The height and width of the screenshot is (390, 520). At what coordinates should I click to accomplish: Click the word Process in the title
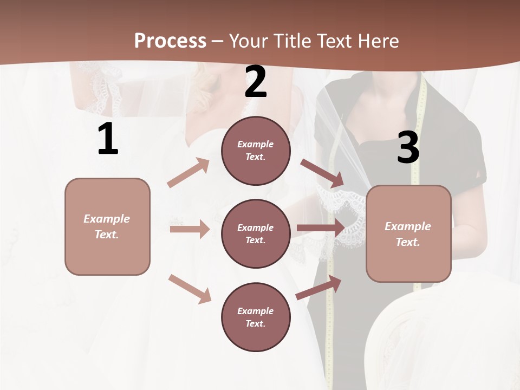pyautogui.click(x=170, y=41)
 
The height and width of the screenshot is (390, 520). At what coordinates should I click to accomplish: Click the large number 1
pyautogui.click(x=108, y=139)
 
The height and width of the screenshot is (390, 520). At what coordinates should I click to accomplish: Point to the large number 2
pyautogui.click(x=256, y=82)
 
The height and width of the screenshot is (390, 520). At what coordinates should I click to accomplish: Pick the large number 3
pyautogui.click(x=408, y=148)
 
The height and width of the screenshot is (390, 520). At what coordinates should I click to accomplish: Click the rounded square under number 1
pyautogui.click(x=107, y=226)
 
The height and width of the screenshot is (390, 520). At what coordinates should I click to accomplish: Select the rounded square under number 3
pyautogui.click(x=408, y=234)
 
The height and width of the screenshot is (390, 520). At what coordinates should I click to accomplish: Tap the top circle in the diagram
pyautogui.click(x=256, y=151)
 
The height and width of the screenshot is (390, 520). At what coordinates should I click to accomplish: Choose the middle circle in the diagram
pyautogui.click(x=256, y=234)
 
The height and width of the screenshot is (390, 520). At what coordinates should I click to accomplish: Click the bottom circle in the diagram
pyautogui.click(x=256, y=317)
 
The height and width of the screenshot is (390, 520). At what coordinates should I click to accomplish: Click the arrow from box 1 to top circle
pyautogui.click(x=188, y=173)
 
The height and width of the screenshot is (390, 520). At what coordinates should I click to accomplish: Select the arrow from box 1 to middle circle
pyautogui.click(x=190, y=229)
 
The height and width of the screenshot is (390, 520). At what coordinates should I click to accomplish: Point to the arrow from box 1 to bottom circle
pyautogui.click(x=190, y=289)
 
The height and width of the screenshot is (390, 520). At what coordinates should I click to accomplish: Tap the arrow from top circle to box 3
pyautogui.click(x=322, y=173)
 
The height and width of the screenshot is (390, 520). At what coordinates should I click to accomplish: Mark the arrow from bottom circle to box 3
pyautogui.click(x=319, y=288)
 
